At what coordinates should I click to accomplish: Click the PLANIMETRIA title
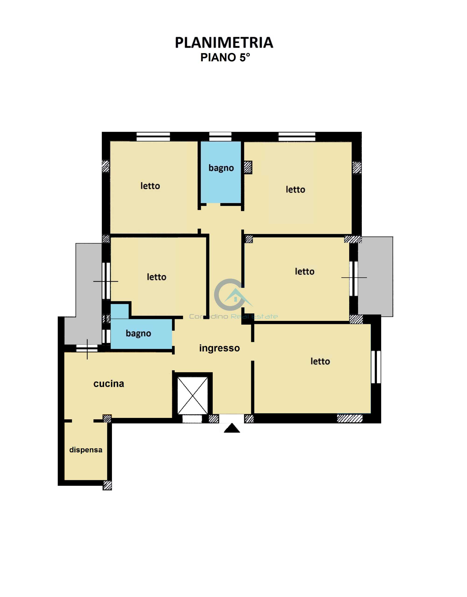[224, 43]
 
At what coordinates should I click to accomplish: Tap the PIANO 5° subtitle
[225, 57]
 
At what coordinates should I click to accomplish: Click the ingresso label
[219, 348]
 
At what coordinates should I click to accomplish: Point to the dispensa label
[86, 450]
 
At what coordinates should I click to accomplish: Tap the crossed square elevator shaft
[192, 396]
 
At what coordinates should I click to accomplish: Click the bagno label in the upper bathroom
[221, 168]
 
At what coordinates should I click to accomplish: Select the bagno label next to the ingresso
[138, 333]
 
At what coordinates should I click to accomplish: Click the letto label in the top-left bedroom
[150, 186]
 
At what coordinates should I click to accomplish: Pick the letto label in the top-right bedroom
[295, 189]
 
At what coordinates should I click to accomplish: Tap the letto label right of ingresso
[320, 361]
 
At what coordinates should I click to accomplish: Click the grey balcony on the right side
[375, 277]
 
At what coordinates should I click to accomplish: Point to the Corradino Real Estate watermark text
[233, 316]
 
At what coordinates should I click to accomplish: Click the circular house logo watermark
[232, 295]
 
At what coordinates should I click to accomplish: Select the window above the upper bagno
[220, 136]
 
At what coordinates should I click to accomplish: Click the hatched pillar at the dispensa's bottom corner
[107, 485]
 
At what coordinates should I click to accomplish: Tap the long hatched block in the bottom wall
[350, 419]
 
